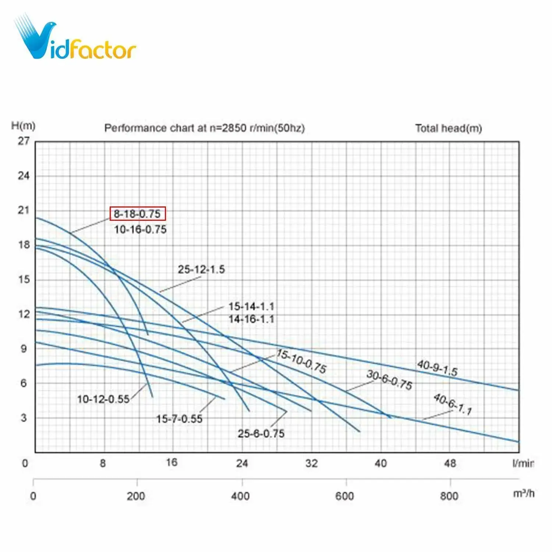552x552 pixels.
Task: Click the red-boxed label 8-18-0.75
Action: [138, 214]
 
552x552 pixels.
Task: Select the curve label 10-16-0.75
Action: [140, 229]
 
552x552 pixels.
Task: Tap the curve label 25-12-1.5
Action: [201, 269]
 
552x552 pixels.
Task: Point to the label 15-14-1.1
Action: [251, 306]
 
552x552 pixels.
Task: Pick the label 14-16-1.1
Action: [251, 319]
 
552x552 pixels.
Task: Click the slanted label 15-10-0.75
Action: [301, 361]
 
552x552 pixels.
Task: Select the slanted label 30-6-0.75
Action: [389, 380]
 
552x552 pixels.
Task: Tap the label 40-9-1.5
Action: [437, 368]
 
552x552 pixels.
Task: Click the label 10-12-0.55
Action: [103, 399]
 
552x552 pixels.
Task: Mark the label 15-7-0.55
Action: [179, 419]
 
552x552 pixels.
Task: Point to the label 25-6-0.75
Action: [261, 434]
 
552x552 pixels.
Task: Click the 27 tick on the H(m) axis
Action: [24, 141]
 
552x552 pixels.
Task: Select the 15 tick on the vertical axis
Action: [24, 279]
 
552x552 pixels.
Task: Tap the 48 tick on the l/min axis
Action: [450, 463]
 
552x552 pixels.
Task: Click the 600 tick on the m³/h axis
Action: [344, 496]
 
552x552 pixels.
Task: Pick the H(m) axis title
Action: [23, 126]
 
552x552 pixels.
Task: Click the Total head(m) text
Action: [449, 128]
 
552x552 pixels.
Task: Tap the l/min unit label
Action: [523, 463]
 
